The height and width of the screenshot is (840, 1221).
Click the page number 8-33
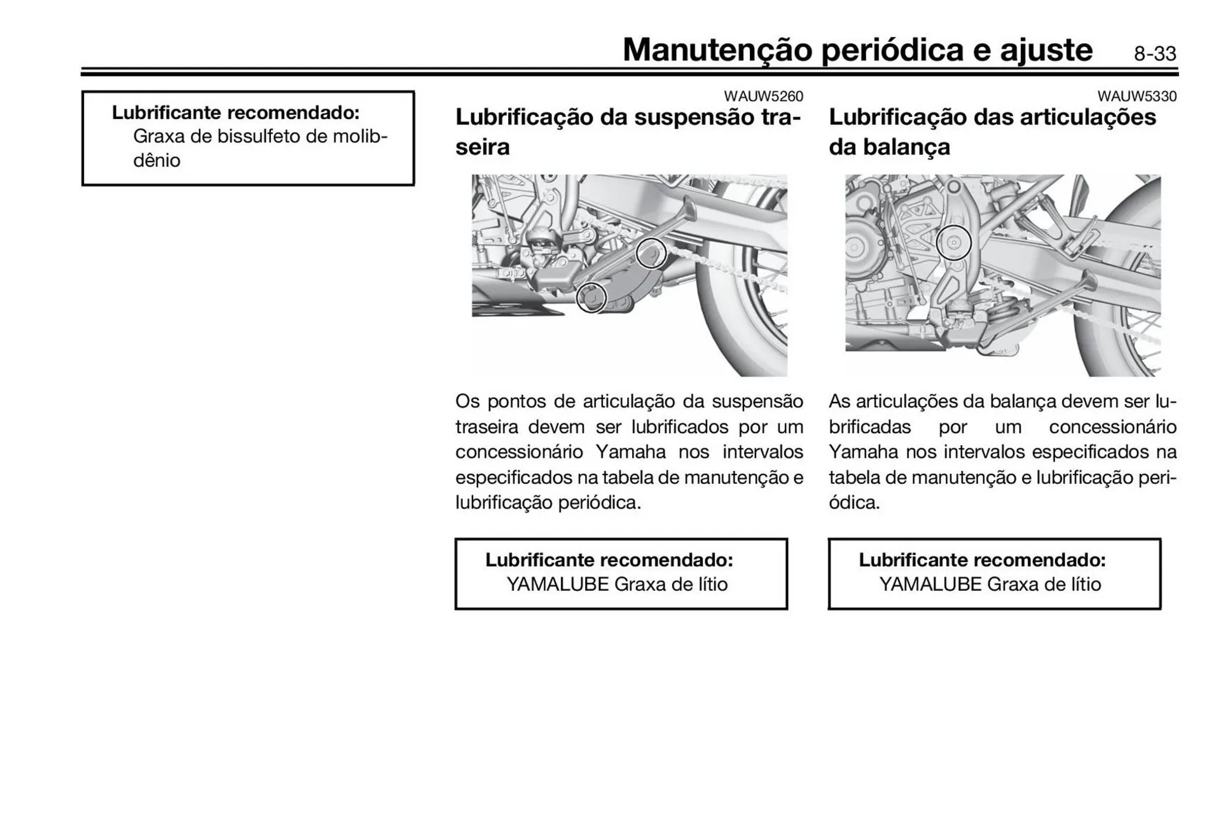[1155, 54]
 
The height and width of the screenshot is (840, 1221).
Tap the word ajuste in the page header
[1046, 50]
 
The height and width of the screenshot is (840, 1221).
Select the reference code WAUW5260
[763, 97]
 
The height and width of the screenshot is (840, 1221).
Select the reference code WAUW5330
[1136, 97]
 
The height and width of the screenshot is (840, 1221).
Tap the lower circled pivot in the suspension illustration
[591, 297]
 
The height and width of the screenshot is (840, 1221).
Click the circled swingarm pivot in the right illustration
[954, 243]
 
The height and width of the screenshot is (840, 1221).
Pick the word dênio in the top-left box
[156, 160]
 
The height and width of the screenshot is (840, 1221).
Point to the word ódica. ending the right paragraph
[854, 503]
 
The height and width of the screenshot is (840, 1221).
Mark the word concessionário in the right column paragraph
[1112, 427]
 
